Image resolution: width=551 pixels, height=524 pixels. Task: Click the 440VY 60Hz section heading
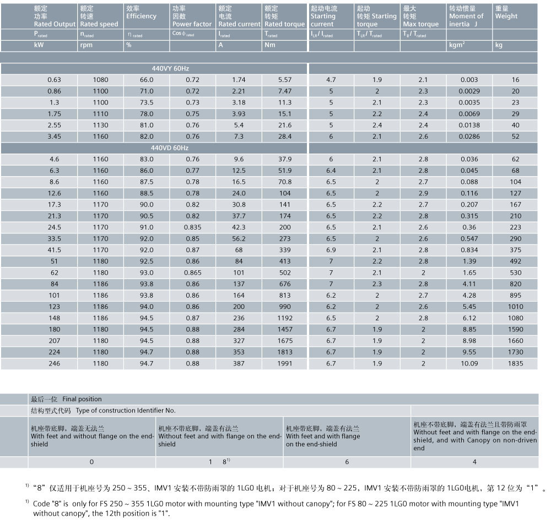tap(170, 68)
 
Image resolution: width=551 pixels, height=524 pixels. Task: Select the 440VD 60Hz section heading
tap(170, 148)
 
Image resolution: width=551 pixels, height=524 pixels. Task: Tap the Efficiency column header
tap(141, 16)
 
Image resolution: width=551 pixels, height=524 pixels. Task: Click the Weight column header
tap(506, 16)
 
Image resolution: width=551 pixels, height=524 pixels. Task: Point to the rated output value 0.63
tap(54, 80)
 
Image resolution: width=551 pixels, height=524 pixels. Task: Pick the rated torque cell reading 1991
tap(285, 363)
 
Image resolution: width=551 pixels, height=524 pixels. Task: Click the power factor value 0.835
tap(192, 227)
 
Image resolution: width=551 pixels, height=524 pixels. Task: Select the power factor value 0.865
tap(192, 272)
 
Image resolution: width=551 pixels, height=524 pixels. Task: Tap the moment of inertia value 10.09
tap(469, 363)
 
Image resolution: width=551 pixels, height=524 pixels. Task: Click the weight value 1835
tap(516, 363)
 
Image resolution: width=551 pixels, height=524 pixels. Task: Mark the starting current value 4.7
tap(331, 80)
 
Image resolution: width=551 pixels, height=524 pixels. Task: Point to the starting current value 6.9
tap(331, 250)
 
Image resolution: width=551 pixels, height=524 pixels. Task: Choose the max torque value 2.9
tap(423, 193)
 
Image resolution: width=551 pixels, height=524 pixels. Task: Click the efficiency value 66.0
tap(147, 80)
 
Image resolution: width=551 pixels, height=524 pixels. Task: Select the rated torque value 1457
tap(285, 329)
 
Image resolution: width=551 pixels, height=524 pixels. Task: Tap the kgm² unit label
tap(457, 45)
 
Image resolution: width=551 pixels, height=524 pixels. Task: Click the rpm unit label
tap(86, 45)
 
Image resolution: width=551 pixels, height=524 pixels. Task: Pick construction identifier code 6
tap(347, 462)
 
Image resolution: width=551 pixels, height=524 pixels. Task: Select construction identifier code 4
tap(474, 462)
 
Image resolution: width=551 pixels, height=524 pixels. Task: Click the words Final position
tap(82, 399)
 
